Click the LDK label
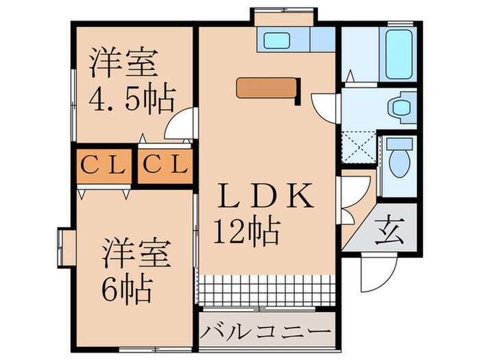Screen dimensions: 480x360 pyautogui.click(x=265, y=195)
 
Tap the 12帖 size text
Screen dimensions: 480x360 pyautogui.click(x=247, y=232)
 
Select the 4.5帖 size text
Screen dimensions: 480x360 pyautogui.click(x=132, y=98)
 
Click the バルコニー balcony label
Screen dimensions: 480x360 pyautogui.click(x=266, y=331)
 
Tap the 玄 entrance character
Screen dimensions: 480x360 pyautogui.click(x=389, y=229)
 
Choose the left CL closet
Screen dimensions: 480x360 pyautogui.click(x=104, y=166)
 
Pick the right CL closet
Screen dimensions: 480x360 pyautogui.click(x=165, y=166)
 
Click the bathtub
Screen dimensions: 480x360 pyautogui.click(x=398, y=55)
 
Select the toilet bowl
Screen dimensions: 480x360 pyautogui.click(x=399, y=157)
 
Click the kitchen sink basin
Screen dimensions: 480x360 pyautogui.click(x=277, y=40)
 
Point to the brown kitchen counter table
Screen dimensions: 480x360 pyautogui.click(x=267, y=88)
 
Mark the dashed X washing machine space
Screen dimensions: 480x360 pyautogui.click(x=359, y=147)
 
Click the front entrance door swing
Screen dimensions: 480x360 pyautogui.click(x=379, y=272)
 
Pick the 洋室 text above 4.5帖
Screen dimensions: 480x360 pyautogui.click(x=123, y=62)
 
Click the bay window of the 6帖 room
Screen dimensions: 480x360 pyautogui.click(x=67, y=248)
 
